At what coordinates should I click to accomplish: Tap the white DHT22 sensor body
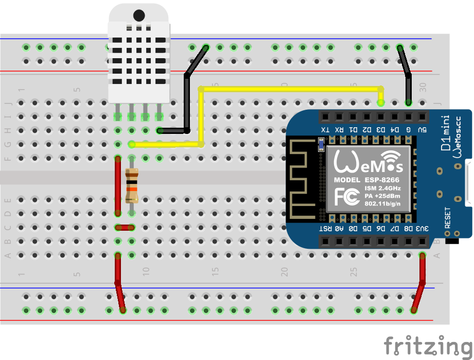click(x=138, y=57)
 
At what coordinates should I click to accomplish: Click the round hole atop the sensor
click(x=139, y=16)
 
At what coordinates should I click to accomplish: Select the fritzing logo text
click(x=428, y=345)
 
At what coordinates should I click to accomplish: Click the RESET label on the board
click(x=447, y=218)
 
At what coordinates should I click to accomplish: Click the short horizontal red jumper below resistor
click(x=125, y=227)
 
